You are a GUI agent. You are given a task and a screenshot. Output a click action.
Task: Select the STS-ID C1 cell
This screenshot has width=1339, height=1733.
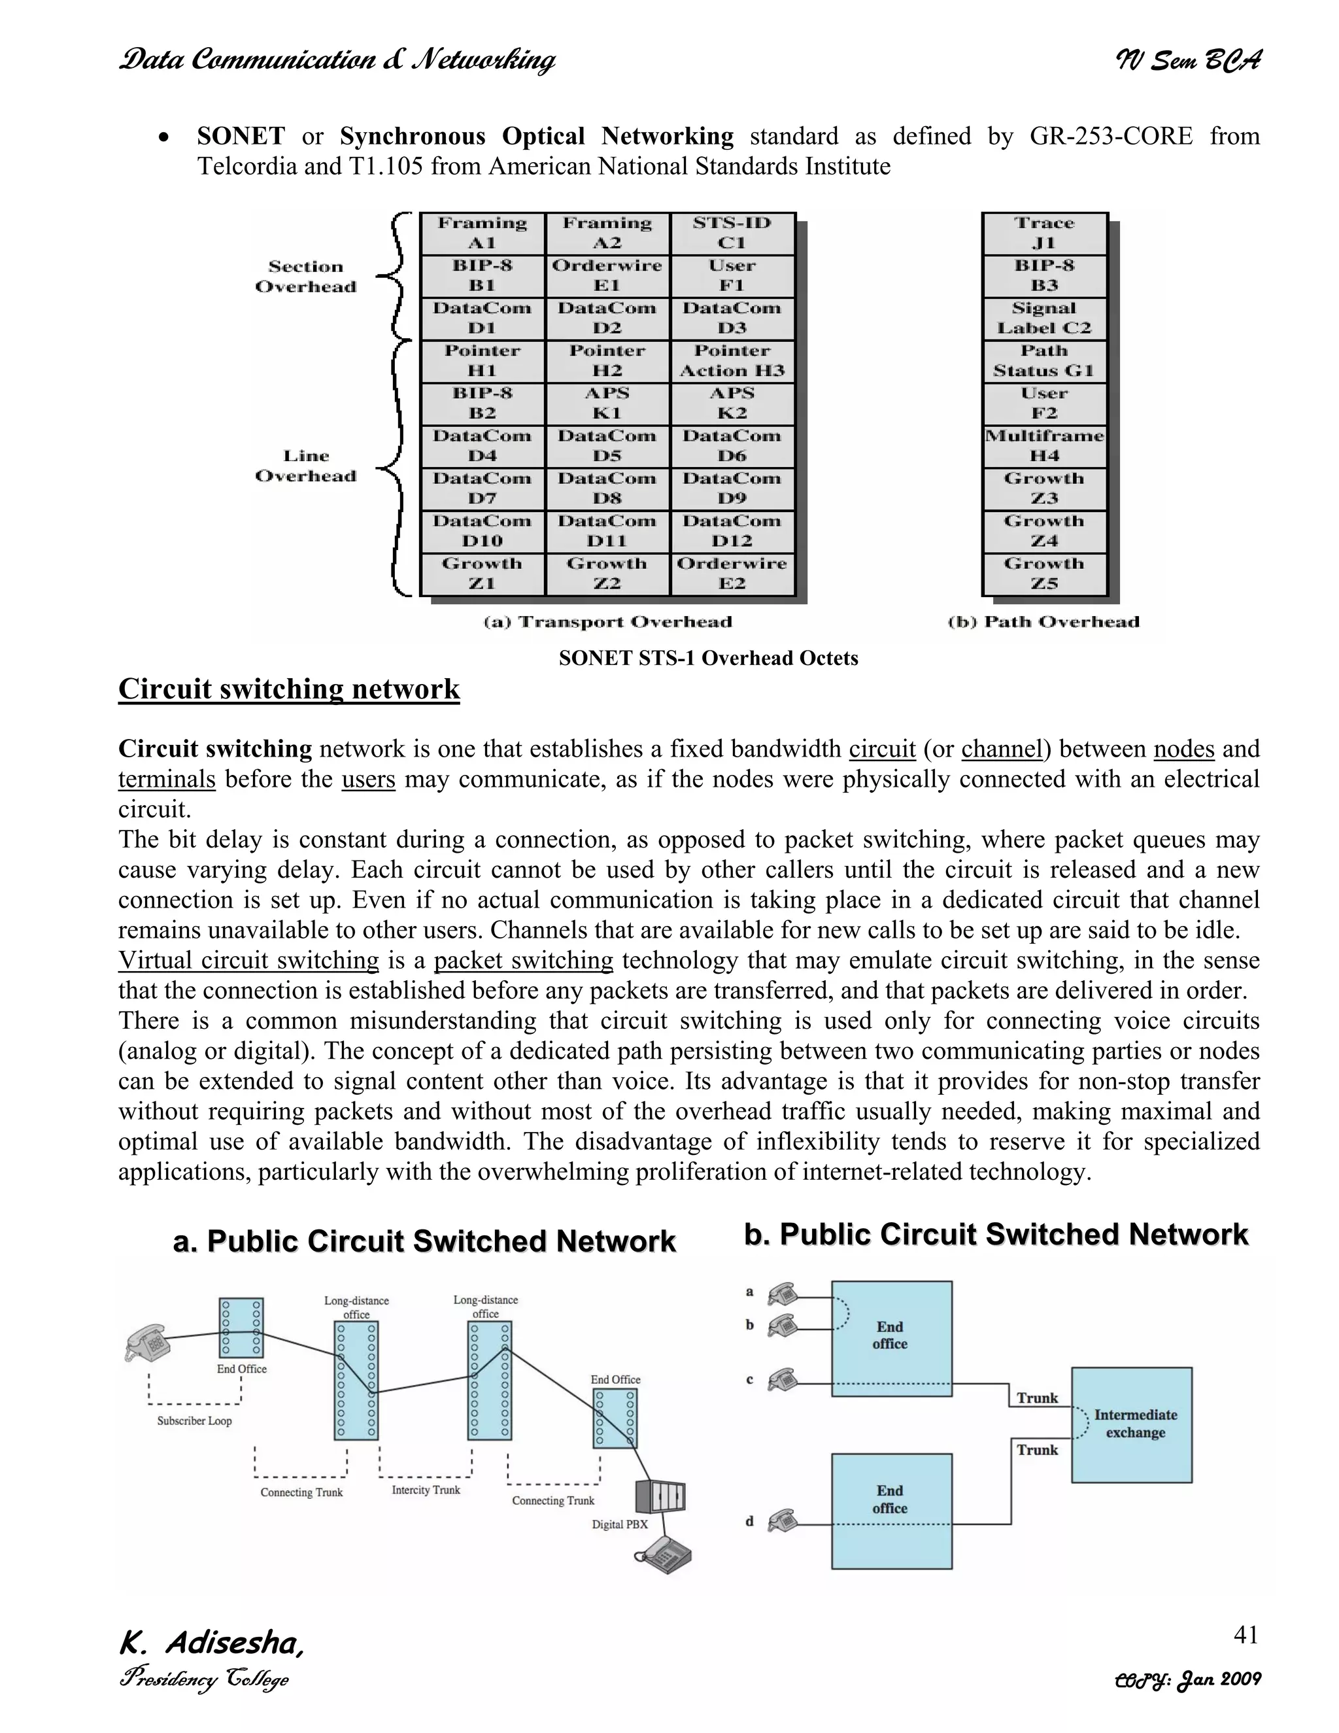coord(732,233)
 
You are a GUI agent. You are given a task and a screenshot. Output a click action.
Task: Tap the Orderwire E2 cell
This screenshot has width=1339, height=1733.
coord(732,574)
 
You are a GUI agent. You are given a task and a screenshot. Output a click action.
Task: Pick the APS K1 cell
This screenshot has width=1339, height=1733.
coord(607,403)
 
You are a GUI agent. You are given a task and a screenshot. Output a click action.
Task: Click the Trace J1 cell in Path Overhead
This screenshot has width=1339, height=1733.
coord(1044,233)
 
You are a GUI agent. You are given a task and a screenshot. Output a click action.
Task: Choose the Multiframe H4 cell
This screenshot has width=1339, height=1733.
coord(1044,446)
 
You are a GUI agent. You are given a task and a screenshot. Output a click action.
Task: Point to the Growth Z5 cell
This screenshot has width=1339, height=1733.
coord(1044,574)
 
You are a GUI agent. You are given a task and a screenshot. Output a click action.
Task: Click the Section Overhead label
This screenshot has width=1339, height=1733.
coord(306,276)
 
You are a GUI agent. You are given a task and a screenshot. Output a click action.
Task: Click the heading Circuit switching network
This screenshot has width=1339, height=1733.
coord(289,689)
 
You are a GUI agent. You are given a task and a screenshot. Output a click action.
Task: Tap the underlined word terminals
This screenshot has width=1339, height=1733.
coord(167,780)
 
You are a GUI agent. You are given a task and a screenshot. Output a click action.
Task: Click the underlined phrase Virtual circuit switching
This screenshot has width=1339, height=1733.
coord(248,960)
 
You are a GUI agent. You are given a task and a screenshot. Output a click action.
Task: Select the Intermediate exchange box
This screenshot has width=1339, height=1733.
coord(1131,1424)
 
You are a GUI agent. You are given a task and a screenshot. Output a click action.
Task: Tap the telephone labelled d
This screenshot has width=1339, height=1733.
coord(782,1520)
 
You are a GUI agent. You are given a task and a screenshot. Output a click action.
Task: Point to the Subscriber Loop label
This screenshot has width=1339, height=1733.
coord(194,1421)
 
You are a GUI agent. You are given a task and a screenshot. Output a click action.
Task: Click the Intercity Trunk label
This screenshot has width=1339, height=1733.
coord(426,1490)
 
